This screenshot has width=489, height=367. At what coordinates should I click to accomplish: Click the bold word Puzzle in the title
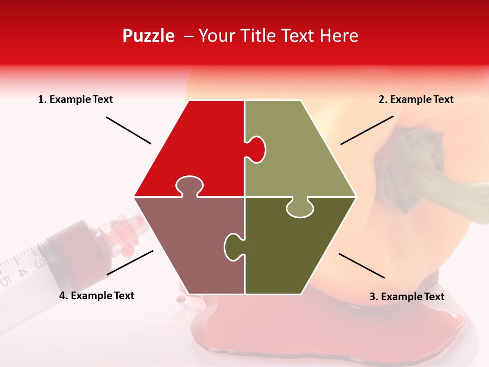[x=148, y=36]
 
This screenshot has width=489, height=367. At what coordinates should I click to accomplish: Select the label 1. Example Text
[x=75, y=99]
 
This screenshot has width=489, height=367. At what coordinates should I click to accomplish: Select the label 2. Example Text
[x=416, y=99]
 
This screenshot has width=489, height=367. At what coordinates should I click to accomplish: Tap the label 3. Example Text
[x=406, y=297]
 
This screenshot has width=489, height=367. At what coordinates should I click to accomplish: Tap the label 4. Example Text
[x=97, y=296]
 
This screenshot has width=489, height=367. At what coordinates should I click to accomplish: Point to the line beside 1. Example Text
[x=128, y=130]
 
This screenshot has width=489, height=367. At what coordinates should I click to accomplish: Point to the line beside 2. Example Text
[x=367, y=130]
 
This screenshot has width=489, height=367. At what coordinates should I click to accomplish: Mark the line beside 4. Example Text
[x=130, y=263]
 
